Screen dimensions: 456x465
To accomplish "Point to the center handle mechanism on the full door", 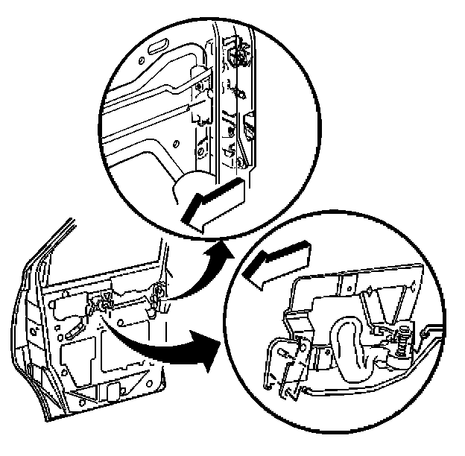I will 102,302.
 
